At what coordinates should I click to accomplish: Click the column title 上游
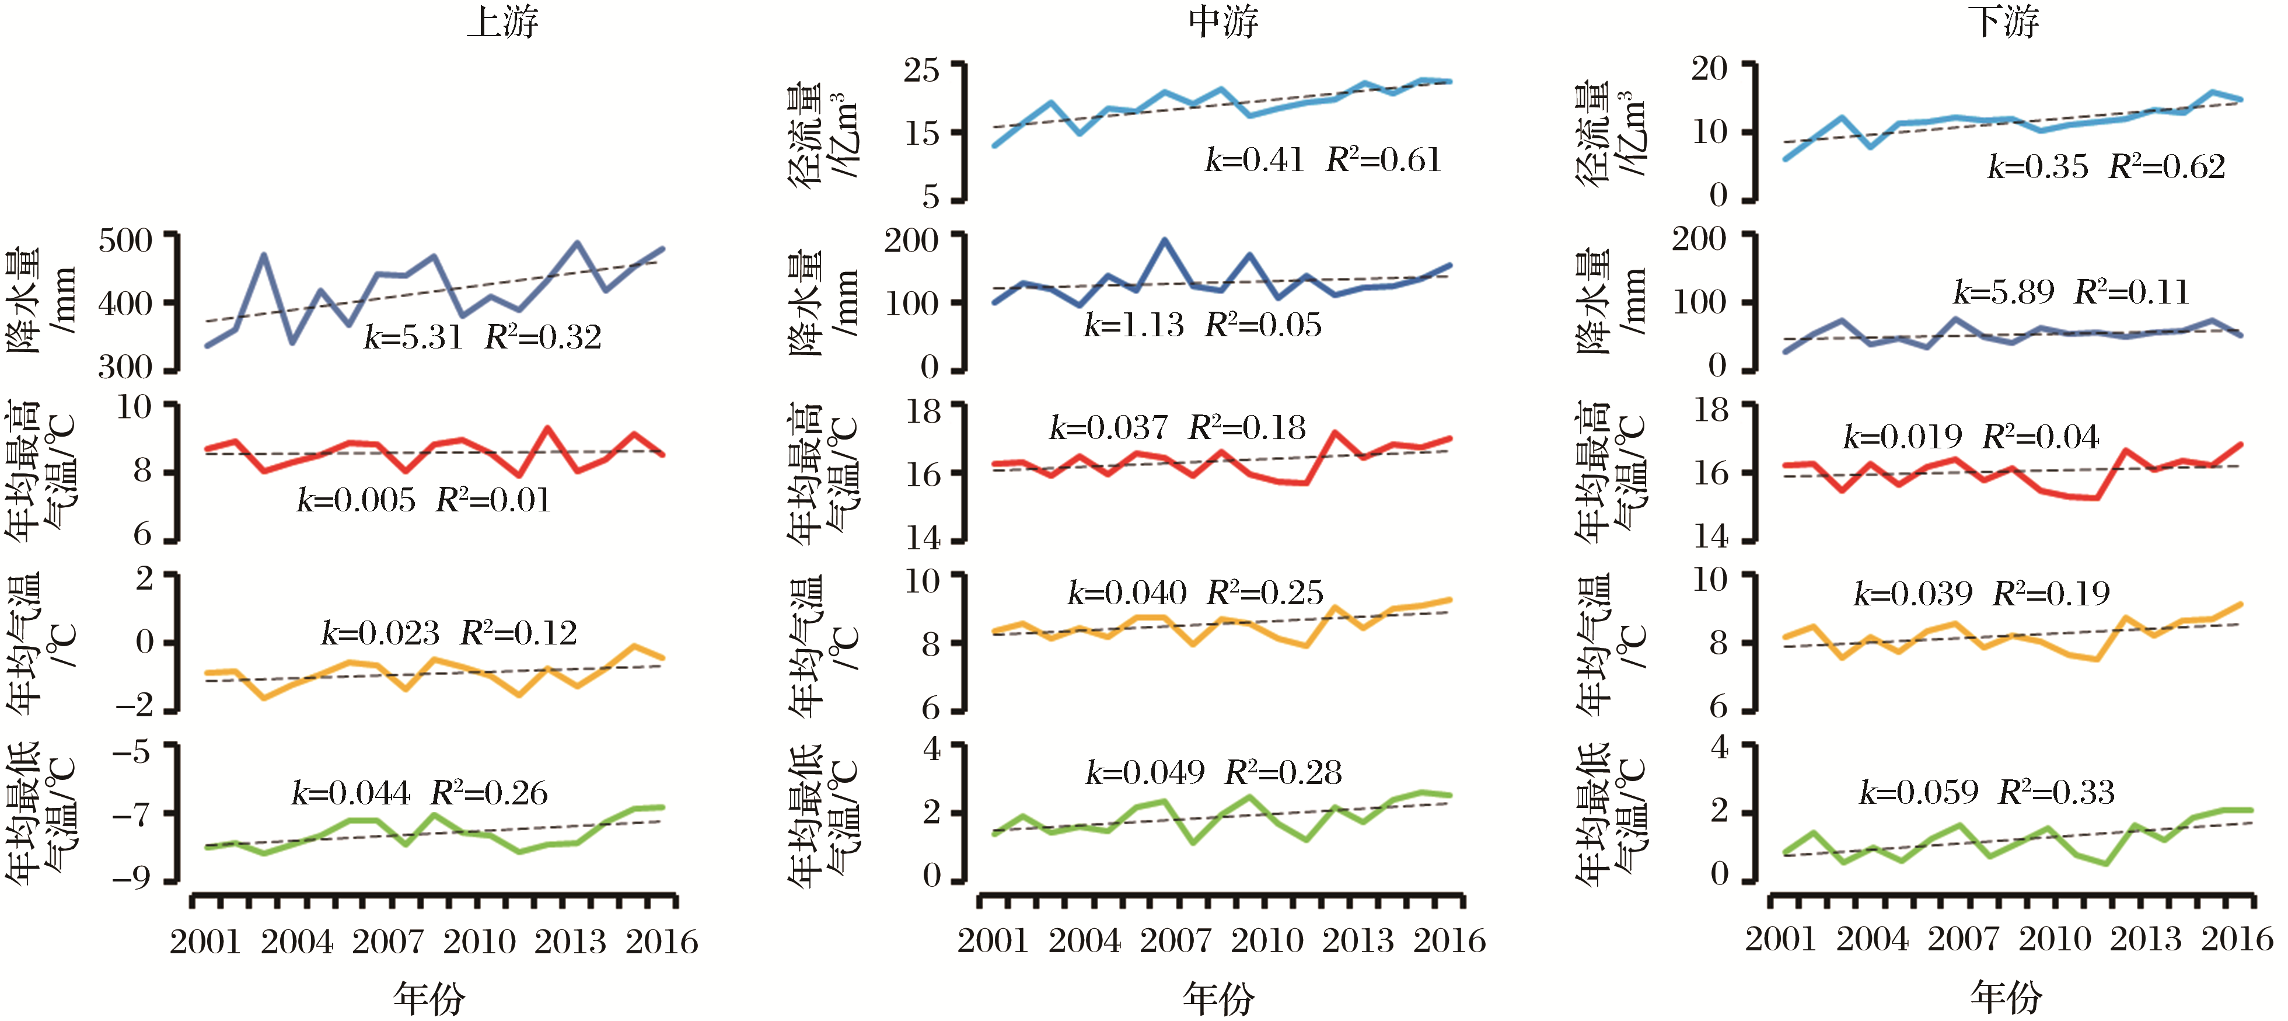[503, 22]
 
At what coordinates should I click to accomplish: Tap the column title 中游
[1224, 22]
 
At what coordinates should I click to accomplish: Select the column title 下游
[2004, 22]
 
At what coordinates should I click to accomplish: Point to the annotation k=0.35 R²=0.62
[2106, 167]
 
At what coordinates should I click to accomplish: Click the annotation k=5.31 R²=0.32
[483, 337]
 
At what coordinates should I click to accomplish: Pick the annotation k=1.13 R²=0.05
[1201, 325]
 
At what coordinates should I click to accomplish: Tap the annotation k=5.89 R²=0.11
[2070, 292]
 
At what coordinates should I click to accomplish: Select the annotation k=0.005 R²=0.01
[424, 500]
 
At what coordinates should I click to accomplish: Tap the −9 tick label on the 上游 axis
[131, 878]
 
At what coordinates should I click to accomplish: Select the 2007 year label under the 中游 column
[1175, 940]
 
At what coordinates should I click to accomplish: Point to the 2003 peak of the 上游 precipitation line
[264, 256]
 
